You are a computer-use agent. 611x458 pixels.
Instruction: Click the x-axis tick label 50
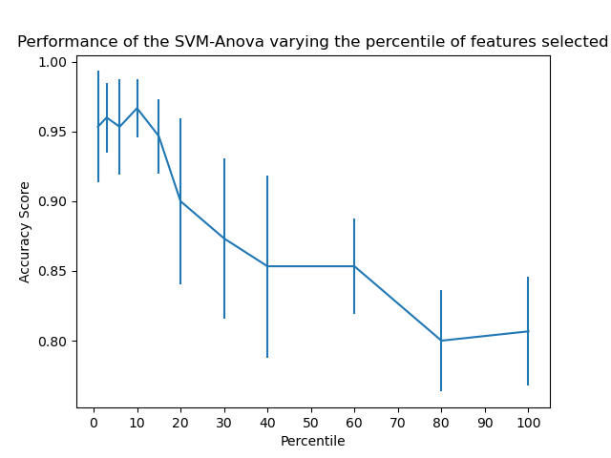coord(311,422)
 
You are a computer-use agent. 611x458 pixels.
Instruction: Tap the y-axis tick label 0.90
coord(54,201)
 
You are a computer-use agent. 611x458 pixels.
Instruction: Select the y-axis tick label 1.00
coord(54,62)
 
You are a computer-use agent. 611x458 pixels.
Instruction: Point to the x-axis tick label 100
coord(528,422)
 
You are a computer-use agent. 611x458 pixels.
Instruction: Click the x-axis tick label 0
coord(94,422)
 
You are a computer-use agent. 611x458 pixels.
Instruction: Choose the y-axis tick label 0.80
coord(54,342)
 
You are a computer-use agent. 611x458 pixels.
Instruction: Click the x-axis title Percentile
coord(312,441)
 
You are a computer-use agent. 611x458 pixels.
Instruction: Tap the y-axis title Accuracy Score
coord(26,232)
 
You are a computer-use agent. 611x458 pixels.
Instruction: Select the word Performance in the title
coord(62,42)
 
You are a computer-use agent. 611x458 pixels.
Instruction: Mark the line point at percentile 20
coord(180,200)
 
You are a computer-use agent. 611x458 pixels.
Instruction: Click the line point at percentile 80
coord(441,341)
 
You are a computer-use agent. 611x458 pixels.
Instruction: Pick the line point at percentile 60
coord(354,266)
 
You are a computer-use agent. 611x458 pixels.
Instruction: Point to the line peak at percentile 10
coord(137,108)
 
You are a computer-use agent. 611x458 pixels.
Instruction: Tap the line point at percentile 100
coord(528,331)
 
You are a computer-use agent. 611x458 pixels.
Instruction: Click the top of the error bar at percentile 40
coord(267,177)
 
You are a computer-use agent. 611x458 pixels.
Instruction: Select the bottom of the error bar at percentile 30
coord(224,318)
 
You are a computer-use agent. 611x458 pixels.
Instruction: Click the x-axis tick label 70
coord(398,422)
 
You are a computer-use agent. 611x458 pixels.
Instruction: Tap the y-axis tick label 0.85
coord(54,271)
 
